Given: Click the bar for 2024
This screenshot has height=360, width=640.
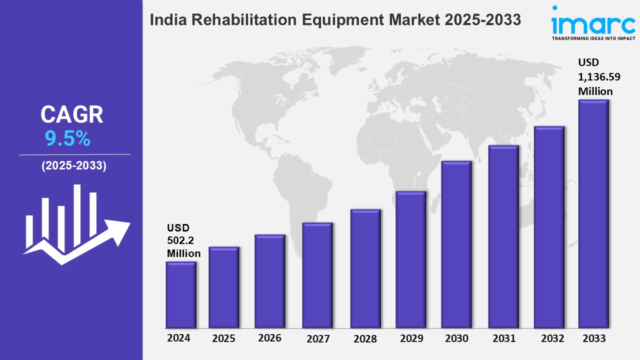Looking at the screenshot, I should [180, 295].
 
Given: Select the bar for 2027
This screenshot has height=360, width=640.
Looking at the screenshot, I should [317, 275].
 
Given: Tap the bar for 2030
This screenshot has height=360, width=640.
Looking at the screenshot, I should [456, 244].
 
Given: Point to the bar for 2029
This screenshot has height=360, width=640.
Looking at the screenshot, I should [410, 259].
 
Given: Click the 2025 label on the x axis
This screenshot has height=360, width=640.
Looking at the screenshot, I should [223, 338].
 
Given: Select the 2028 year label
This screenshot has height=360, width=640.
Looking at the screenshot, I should [365, 338].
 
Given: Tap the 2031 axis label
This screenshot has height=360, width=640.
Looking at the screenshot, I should [503, 338].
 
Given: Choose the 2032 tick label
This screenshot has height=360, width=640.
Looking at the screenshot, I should [552, 338].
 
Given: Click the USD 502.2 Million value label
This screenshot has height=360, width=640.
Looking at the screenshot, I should [183, 240].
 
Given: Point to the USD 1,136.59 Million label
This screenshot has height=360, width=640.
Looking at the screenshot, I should [595, 77].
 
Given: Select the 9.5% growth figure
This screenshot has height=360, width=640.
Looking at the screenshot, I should [67, 138].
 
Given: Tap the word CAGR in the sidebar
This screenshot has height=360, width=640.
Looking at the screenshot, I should [71, 114].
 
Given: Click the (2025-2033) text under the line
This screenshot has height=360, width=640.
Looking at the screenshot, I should [73, 166].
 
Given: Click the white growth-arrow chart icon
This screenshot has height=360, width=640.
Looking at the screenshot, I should [76, 225].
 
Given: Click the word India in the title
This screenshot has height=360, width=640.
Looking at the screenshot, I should [165, 20].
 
